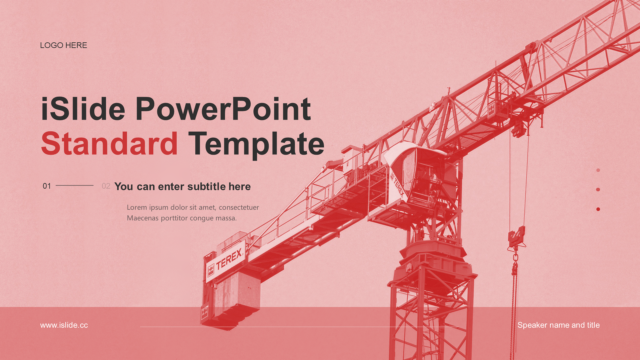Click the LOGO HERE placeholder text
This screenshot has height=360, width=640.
point(63,45)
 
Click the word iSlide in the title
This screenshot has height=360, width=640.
point(83,109)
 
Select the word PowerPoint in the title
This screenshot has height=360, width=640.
point(223,109)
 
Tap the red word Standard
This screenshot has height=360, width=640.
point(109,144)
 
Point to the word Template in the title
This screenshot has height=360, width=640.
point(256,144)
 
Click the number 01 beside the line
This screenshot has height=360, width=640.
point(47,186)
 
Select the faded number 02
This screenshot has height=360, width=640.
point(106,186)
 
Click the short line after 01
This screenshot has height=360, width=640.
point(75,185)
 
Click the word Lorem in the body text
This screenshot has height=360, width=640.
point(137,207)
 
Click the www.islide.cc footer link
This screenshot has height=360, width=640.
point(64,325)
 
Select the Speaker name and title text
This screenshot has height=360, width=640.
point(559,325)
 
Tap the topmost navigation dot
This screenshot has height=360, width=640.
point(598,170)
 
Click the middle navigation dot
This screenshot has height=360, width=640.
point(598,190)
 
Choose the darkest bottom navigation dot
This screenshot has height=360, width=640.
point(598,209)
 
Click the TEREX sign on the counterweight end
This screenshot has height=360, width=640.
point(225,262)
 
